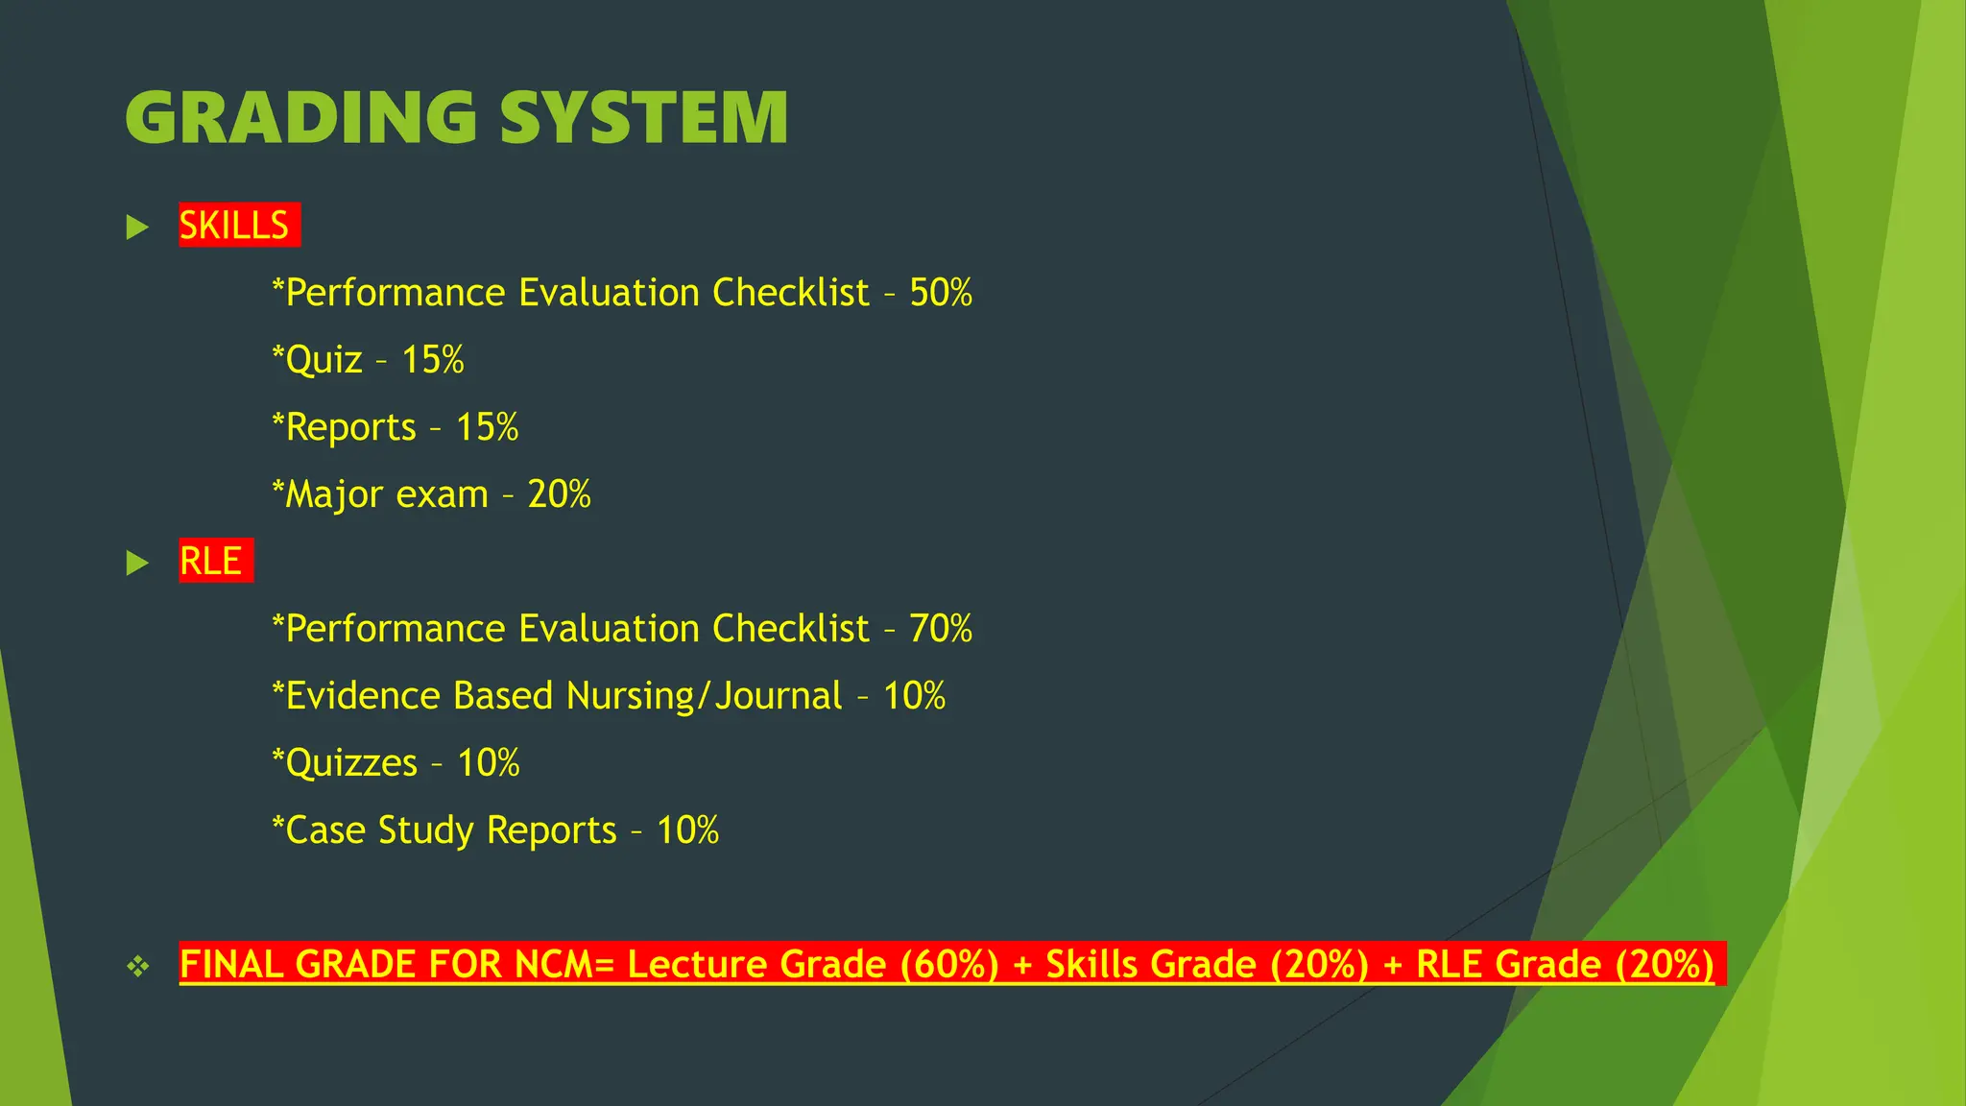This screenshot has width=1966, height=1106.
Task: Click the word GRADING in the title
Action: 300,118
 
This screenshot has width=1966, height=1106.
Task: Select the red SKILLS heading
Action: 234,226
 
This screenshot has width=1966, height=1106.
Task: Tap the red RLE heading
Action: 211,562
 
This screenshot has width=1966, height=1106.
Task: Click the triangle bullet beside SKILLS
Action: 138,228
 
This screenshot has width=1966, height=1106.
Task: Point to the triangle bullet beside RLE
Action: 138,563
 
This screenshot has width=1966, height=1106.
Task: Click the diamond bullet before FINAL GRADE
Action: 138,966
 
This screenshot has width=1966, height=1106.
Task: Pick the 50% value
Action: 941,293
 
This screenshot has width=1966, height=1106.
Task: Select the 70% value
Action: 941,629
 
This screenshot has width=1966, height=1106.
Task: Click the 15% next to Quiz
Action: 433,360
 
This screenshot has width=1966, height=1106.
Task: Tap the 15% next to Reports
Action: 487,427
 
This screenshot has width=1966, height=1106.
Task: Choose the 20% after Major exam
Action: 559,494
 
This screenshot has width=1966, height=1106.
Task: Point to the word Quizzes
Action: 351,763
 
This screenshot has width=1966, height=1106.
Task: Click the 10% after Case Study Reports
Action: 687,830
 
